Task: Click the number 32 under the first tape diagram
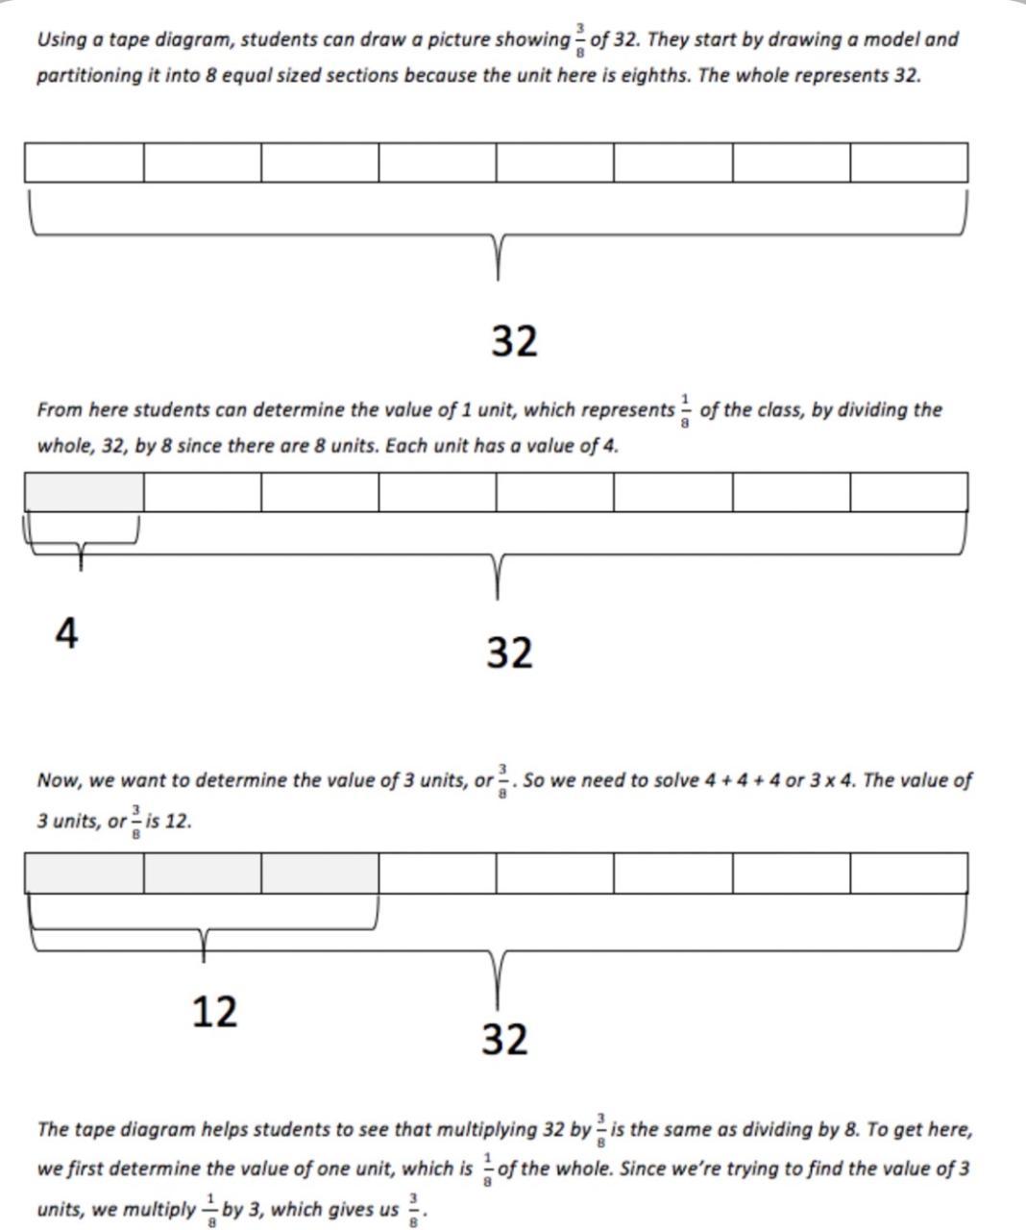(514, 341)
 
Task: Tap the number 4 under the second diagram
(66, 633)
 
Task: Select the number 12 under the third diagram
(213, 1011)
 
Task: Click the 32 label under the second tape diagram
(509, 652)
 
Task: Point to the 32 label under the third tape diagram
(504, 1039)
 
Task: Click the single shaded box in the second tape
(84, 492)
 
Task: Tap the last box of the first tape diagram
(909, 162)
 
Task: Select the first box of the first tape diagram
(84, 162)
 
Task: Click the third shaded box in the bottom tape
(320, 873)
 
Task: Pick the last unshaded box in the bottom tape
(909, 873)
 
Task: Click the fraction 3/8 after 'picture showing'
(580, 40)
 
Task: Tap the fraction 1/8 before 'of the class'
(686, 410)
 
